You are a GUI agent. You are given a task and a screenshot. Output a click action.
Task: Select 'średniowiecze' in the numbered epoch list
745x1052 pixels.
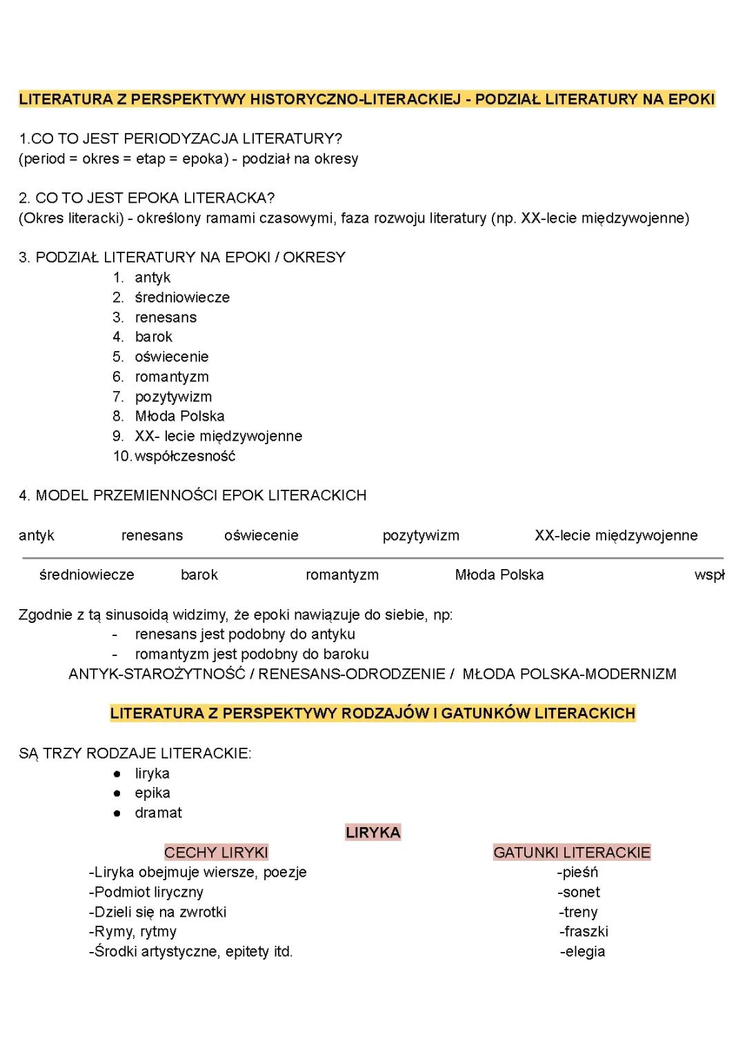[182, 297]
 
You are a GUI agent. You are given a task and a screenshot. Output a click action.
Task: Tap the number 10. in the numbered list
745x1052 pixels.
[122, 456]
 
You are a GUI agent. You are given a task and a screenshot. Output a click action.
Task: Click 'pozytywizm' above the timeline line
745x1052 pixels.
[421, 535]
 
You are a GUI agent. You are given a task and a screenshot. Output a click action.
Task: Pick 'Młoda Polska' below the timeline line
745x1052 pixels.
[499, 575]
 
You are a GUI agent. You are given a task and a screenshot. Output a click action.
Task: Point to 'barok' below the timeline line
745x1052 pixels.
[199, 575]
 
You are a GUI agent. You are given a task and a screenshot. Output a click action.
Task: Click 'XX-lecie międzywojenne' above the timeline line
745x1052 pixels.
[616, 535]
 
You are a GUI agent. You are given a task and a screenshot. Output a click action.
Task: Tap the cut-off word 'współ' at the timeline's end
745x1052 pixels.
[709, 575]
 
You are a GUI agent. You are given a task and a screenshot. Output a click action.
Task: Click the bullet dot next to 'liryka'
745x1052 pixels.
[118, 774]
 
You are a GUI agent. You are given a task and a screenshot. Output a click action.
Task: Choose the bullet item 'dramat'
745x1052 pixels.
[159, 813]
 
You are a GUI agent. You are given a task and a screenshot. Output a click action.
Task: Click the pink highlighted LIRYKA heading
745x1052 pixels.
[373, 833]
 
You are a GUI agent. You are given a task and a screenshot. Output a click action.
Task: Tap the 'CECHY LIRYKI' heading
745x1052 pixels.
[216, 853]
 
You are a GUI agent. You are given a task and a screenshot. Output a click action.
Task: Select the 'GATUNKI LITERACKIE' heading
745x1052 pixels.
[572, 853]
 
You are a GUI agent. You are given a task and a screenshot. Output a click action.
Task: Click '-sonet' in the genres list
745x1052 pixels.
[579, 892]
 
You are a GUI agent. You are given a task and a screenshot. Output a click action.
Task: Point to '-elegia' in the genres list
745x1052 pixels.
[582, 951]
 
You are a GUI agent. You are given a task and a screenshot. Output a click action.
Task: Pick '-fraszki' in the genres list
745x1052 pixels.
[584, 931]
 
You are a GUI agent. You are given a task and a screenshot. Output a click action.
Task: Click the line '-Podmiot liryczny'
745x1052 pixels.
[146, 892]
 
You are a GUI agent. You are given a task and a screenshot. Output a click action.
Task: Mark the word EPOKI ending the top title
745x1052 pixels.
[691, 99]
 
